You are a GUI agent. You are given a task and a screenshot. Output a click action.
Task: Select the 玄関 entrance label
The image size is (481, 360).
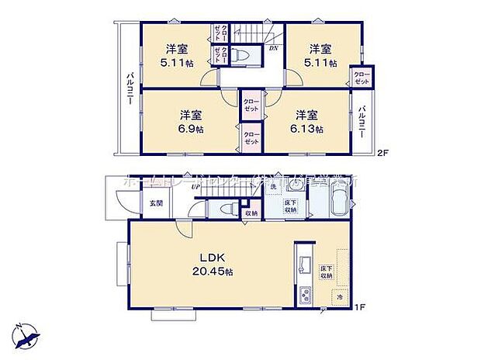pyautogui.click(x=156, y=203)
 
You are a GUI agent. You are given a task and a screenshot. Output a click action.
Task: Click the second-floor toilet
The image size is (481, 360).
pyautogui.click(x=241, y=57)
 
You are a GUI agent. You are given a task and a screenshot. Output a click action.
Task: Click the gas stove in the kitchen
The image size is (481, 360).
pyautogui.click(x=303, y=296)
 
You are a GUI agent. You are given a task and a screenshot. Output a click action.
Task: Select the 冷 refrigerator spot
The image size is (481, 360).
pyautogui.click(x=338, y=297)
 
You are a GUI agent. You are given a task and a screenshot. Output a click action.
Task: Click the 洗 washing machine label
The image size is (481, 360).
pyautogui.click(x=272, y=189)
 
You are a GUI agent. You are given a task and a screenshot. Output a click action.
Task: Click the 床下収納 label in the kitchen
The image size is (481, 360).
pyautogui.click(x=326, y=271)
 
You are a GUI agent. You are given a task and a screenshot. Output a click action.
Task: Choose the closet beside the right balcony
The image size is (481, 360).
pyautogui.click(x=361, y=77)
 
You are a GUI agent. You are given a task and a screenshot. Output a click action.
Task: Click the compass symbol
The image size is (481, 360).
pyautogui.click(x=30, y=335)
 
